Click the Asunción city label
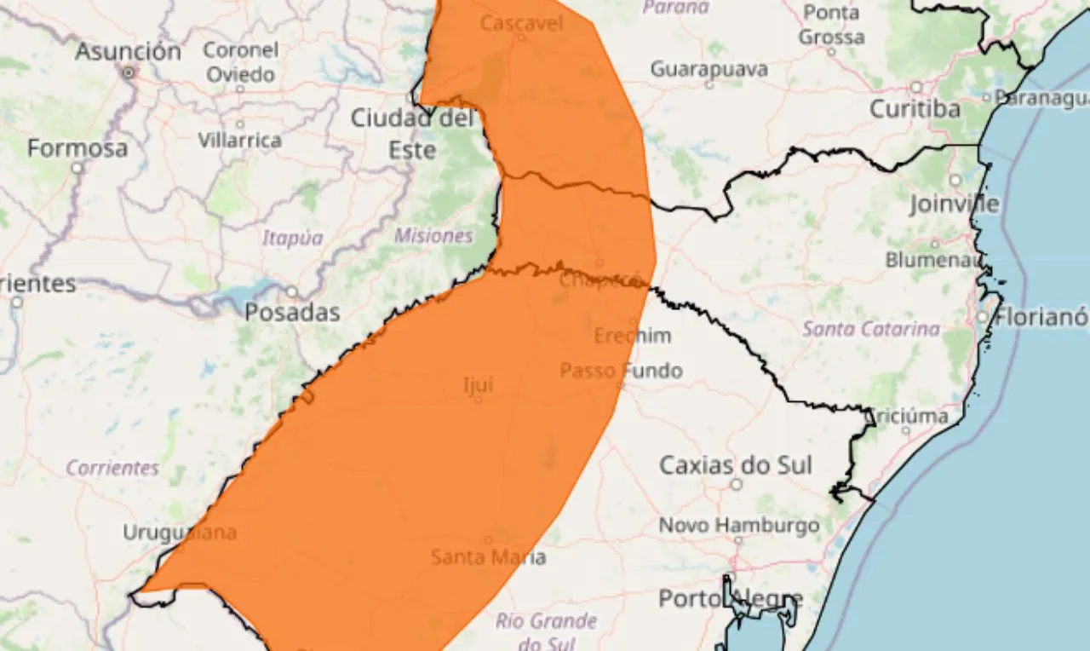coord(128,51)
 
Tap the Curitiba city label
coord(915,109)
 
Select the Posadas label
coord(292,313)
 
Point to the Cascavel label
coord(521,23)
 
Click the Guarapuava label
coord(708,69)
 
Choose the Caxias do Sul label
coord(736,465)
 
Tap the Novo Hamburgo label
coord(738,525)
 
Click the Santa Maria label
coord(488,557)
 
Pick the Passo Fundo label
coord(621,371)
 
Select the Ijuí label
coord(478,384)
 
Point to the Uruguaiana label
coord(180,533)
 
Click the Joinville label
coord(954,205)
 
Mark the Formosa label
coord(77,148)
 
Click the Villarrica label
coord(240,140)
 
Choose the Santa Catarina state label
coord(872,329)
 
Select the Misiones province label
coord(433,236)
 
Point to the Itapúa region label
coord(292,239)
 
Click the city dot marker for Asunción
coord(129,73)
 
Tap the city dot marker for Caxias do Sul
coord(736,484)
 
